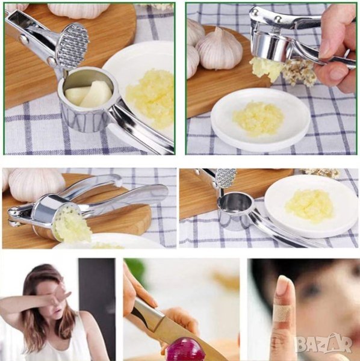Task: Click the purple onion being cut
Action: (182, 350)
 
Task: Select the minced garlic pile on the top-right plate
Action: (258, 118)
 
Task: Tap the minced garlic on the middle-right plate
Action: (309, 206)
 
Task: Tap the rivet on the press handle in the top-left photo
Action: (24, 39)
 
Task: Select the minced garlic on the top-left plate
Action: (150, 98)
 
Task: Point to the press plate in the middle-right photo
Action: (226, 177)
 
